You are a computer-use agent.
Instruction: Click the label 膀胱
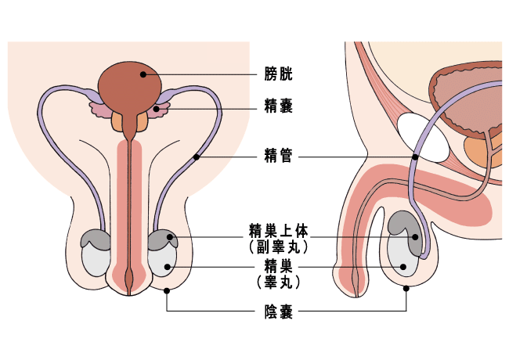[x=279, y=76]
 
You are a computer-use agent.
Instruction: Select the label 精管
[x=279, y=157]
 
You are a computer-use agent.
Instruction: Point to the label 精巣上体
[x=279, y=231]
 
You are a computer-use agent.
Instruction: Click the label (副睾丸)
[x=279, y=247]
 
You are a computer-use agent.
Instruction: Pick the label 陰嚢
[x=279, y=313]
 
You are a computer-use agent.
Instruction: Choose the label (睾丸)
[x=279, y=279]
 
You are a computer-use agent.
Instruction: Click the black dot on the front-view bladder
[x=143, y=75]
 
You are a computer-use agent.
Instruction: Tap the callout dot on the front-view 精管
[x=197, y=157]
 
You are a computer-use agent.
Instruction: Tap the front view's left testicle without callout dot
[x=96, y=259]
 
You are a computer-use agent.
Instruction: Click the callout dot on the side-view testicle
[x=403, y=266]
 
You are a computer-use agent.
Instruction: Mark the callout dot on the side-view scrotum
[x=406, y=288]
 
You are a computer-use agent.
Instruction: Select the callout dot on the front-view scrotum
[x=167, y=291]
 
